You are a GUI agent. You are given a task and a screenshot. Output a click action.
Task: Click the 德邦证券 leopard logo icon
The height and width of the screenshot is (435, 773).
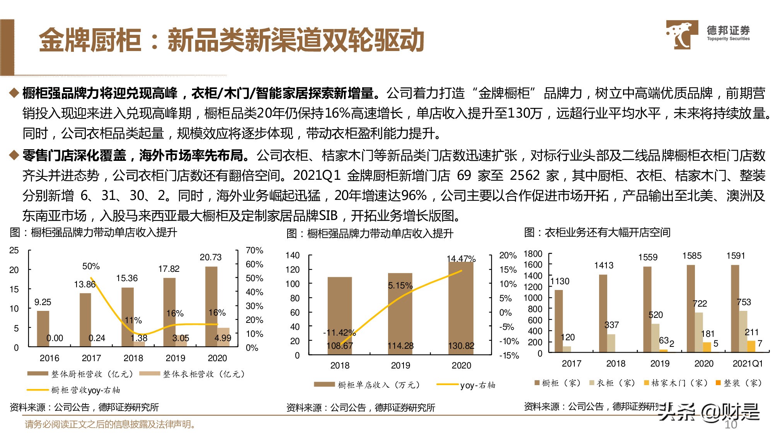click(681, 34)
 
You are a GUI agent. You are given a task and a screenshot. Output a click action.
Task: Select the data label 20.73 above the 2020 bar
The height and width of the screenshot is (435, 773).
click(211, 257)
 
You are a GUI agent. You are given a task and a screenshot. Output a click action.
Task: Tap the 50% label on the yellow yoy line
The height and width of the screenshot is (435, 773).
click(91, 266)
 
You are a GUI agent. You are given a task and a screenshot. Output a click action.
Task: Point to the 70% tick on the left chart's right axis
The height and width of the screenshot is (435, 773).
click(254, 251)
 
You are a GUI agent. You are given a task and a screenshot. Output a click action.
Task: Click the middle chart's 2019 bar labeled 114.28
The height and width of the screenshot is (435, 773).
click(400, 313)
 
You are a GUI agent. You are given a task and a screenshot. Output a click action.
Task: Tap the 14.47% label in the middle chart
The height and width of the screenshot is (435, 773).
click(461, 259)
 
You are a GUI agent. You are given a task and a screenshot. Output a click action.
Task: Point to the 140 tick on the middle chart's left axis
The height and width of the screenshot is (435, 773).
click(293, 255)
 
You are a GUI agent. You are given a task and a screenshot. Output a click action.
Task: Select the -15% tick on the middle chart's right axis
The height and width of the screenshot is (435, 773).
click(509, 355)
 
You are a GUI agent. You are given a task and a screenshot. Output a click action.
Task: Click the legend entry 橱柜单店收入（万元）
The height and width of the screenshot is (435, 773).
click(367, 385)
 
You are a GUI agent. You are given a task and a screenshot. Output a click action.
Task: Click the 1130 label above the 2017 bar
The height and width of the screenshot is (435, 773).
click(560, 281)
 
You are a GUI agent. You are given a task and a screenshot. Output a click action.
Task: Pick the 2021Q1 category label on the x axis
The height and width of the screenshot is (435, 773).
click(747, 363)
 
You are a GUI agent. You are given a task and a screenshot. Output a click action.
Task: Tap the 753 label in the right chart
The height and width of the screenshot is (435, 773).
click(744, 302)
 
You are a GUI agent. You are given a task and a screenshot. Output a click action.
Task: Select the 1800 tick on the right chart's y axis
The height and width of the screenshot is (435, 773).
click(533, 254)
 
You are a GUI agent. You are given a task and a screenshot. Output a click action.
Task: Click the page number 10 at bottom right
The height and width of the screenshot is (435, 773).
click(730, 425)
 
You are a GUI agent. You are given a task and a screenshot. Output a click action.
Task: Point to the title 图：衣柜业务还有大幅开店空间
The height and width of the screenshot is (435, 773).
click(597, 232)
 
